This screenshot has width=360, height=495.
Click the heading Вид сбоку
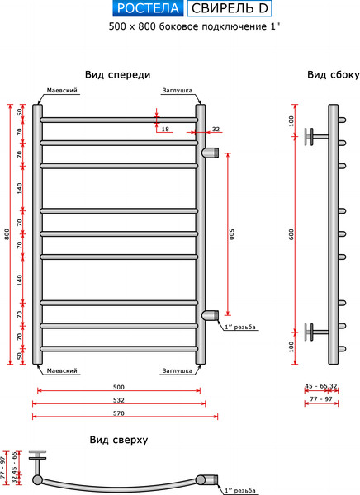[x=333, y=74]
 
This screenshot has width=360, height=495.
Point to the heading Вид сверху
[x=119, y=440]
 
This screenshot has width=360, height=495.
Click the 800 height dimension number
[x=7, y=234]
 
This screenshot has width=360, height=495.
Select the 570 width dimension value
[x=118, y=414]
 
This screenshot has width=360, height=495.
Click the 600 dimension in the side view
[x=291, y=234]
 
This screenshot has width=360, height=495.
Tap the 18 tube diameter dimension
[x=165, y=130]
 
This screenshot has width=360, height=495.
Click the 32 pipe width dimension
[x=216, y=130]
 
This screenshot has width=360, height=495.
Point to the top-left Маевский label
[x=62, y=91]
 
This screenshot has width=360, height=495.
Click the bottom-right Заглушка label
[x=178, y=370]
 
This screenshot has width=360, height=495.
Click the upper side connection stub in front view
[x=211, y=152]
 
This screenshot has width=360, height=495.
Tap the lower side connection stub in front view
[x=211, y=313]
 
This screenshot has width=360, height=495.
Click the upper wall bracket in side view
[x=315, y=135]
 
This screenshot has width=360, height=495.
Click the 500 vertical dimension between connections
[x=233, y=233]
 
